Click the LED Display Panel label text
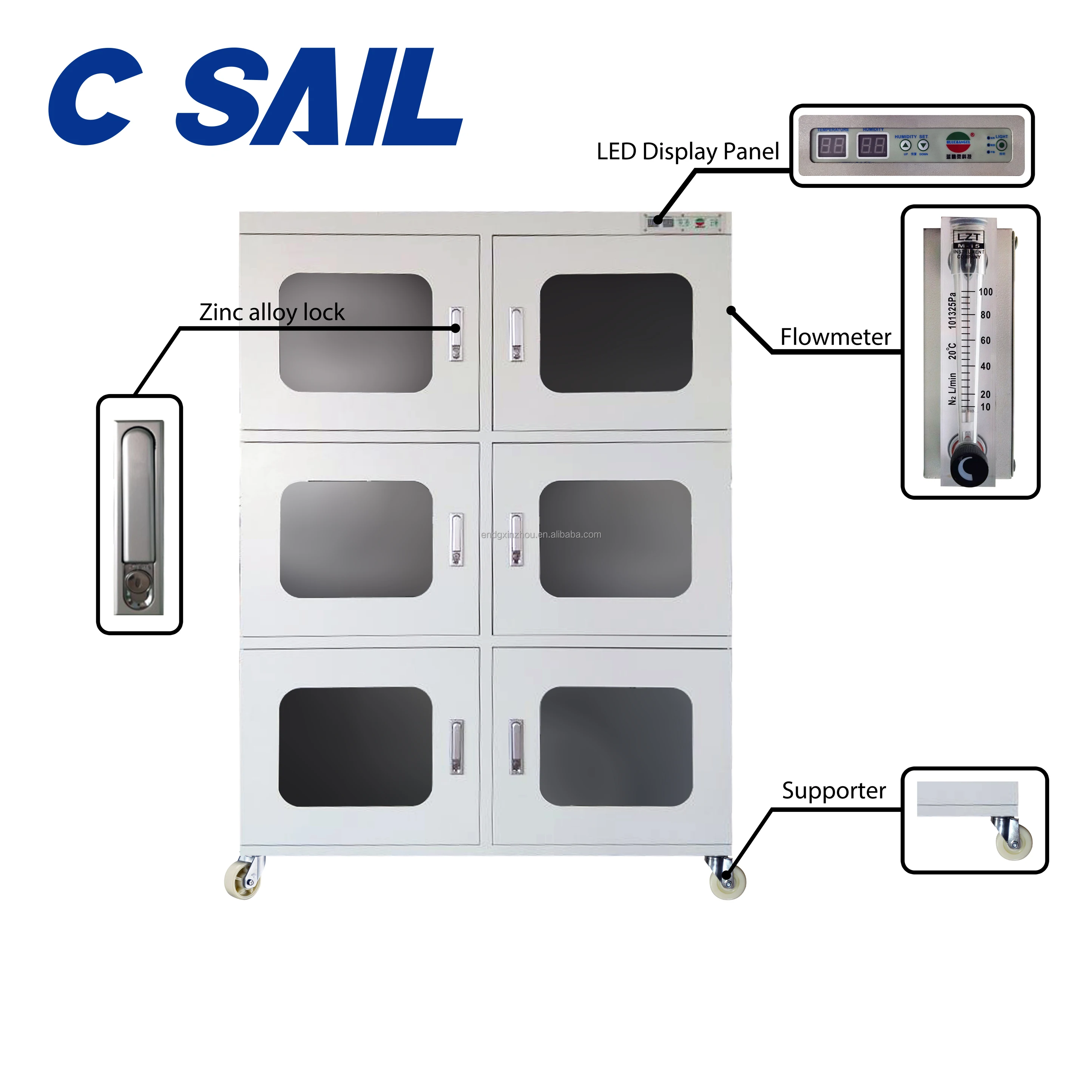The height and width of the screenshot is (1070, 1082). (x=687, y=152)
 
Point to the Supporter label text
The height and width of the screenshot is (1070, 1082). (x=833, y=791)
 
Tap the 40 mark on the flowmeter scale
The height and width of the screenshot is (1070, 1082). (x=985, y=366)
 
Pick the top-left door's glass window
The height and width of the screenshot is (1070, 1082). (x=356, y=333)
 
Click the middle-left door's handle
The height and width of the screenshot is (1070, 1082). (x=457, y=539)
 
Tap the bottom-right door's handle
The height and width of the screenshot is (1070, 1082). (x=516, y=747)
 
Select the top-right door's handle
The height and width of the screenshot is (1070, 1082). (x=516, y=334)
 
